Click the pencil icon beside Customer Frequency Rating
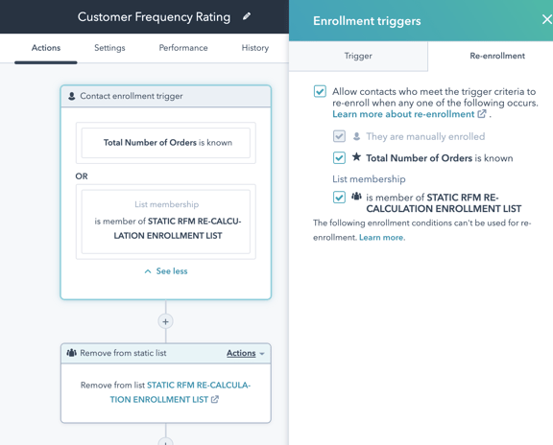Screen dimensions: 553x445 [247, 16]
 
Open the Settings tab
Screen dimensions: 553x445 [109, 48]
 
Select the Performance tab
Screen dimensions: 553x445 [183, 48]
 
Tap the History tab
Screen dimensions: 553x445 [255, 48]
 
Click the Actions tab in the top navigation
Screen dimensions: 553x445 [46, 48]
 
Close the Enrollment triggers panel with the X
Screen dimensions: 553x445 [547, 19]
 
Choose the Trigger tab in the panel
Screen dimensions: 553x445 [358, 56]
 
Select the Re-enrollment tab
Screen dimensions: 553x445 [497, 56]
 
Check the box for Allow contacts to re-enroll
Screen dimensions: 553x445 [320, 91]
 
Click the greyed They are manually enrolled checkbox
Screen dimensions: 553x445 [339, 136]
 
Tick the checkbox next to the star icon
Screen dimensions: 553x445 [339, 157]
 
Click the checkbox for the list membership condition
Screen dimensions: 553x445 [339, 197]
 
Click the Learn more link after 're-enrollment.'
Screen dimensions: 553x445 [382, 238]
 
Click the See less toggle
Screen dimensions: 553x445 [166, 271]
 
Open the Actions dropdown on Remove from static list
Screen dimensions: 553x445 [246, 353]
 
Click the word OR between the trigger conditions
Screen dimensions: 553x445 [82, 176]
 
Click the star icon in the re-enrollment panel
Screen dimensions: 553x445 [356, 156]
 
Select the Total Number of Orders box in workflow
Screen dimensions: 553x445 [166, 143]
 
